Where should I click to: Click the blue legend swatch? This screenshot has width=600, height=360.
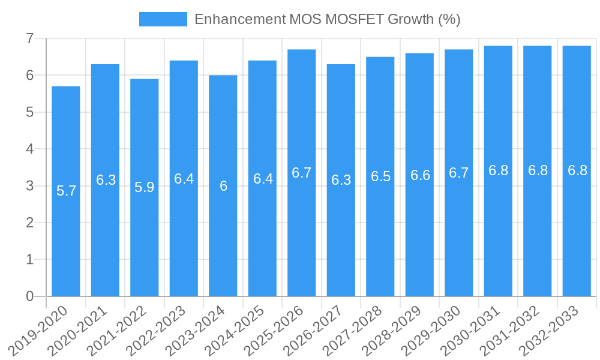coord(163,19)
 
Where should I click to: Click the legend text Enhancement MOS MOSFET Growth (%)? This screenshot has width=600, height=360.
coord(327,19)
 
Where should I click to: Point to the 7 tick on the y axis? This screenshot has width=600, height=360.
coord(29,39)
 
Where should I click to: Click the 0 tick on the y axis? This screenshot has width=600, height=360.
coord(29,296)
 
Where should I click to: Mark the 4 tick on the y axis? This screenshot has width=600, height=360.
coord(29,149)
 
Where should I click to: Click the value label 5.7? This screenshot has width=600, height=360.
coord(66,191)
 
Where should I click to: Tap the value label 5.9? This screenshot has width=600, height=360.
coord(145,187)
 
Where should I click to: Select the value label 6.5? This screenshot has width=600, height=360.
coord(380,176)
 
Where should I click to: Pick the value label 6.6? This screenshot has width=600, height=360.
coord(420,175)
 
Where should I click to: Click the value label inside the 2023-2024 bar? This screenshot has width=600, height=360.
coord(223,186)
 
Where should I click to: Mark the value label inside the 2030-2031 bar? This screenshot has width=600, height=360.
coord(499,170)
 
